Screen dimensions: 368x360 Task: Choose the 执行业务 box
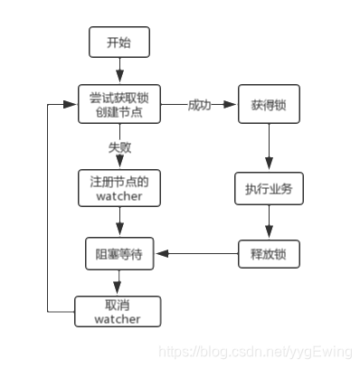tap(267, 190)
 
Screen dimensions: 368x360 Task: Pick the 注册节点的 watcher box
tap(118, 189)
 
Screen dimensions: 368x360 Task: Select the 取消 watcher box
tap(118, 311)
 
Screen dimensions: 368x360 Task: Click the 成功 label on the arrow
tap(199, 105)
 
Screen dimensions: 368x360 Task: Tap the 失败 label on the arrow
tap(118, 144)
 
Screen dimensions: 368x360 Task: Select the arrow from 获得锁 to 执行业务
tap(267, 146)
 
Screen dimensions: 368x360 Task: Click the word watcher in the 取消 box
tap(118, 318)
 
